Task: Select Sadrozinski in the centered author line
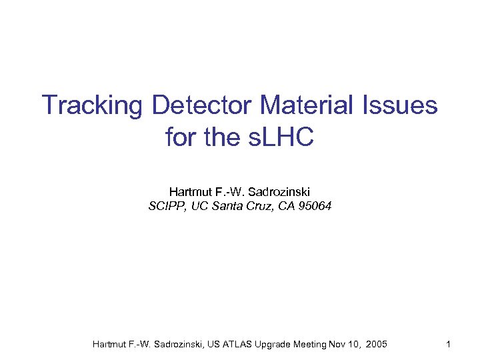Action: coord(281,192)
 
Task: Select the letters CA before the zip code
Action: coord(287,206)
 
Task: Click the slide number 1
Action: coord(449,344)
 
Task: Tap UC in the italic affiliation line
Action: coord(199,206)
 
